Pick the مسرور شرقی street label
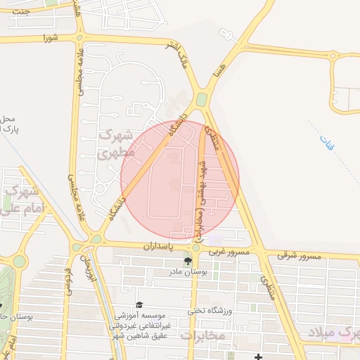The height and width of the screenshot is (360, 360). [299, 255]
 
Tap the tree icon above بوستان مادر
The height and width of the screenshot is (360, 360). [186, 261]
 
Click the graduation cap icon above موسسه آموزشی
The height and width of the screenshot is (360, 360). [139, 304]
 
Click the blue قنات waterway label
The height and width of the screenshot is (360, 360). [327, 143]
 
